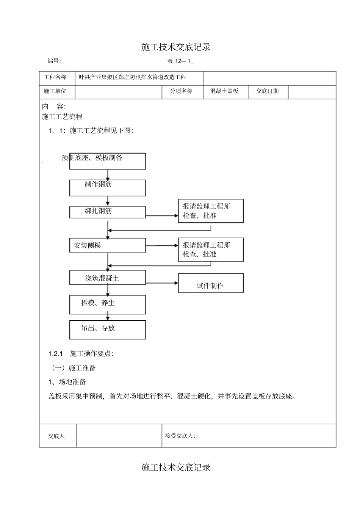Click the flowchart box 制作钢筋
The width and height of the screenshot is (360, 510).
coord(108,188)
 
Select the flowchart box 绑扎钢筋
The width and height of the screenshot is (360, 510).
coord(108,212)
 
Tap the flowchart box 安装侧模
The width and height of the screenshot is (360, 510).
coord(108,245)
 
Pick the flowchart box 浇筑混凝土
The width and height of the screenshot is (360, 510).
coord(108,278)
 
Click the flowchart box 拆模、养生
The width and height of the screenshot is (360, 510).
coord(108,304)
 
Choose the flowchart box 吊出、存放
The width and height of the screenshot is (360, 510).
coord(108,330)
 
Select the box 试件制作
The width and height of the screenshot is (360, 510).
coord(211,283)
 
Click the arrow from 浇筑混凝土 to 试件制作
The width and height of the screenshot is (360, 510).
coord(162,283)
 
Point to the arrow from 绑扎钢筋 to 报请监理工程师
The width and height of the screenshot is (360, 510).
coord(162,216)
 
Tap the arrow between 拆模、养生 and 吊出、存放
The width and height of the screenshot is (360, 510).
coord(108,317)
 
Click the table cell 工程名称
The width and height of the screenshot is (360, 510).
coord(55,77)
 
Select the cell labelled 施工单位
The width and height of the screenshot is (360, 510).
coord(55,91)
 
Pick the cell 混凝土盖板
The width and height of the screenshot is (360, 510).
coord(224,91)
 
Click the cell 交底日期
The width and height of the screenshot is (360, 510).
coord(268,91)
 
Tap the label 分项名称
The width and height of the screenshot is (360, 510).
coord(182,91)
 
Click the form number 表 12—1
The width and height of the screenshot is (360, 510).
coord(180,61)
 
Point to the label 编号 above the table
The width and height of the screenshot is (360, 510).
coord(54,61)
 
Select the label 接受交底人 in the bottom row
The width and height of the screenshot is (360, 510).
coord(180,436)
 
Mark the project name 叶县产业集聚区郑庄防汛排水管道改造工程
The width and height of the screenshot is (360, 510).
coord(133,77)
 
